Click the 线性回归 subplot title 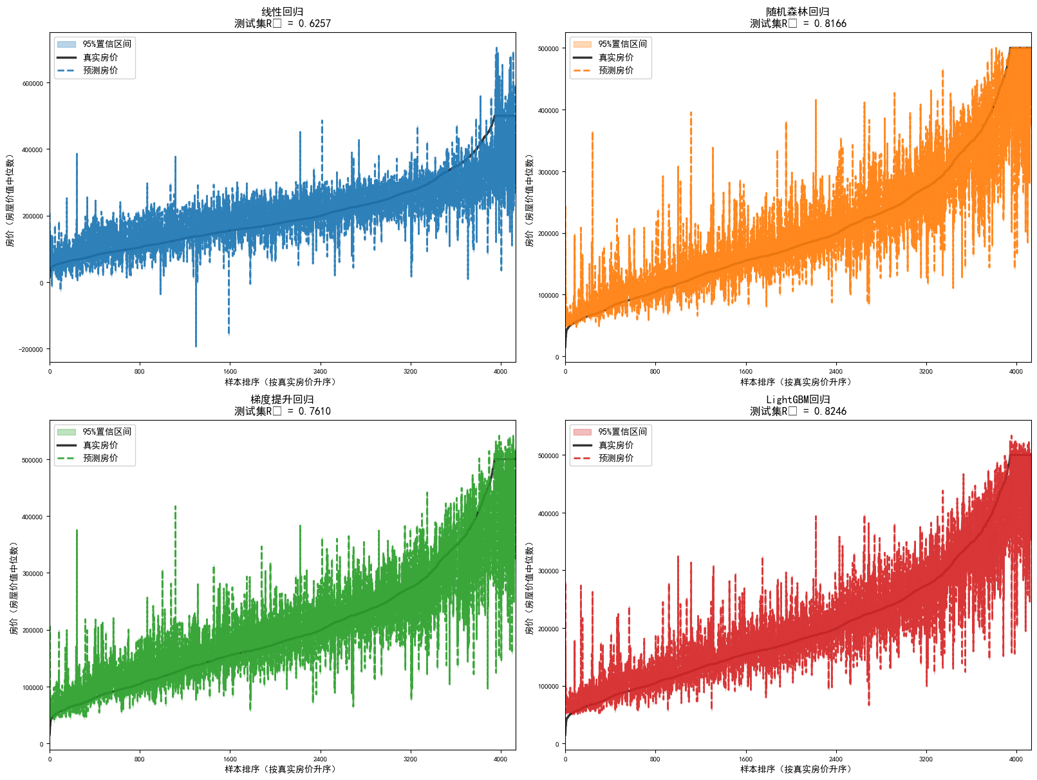(x=282, y=12)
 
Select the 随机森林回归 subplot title (x=798, y=12)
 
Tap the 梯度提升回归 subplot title (x=282, y=399)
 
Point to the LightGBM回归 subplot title (x=798, y=399)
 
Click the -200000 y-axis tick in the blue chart (x=31, y=350)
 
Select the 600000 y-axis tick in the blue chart (x=33, y=84)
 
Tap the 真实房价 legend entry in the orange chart (x=615, y=57)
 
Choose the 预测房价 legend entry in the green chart (x=100, y=459)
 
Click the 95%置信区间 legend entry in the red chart (x=622, y=432)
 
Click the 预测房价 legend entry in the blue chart (x=100, y=71)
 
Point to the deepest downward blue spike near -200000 (x=196, y=345)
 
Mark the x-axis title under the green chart (x=282, y=769)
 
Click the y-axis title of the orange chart (x=529, y=200)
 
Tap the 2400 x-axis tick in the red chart (x=836, y=759)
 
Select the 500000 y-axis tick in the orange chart (x=548, y=49)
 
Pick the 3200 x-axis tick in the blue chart (x=410, y=371)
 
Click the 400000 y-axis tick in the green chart (x=33, y=517)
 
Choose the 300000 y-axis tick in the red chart (x=548, y=571)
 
